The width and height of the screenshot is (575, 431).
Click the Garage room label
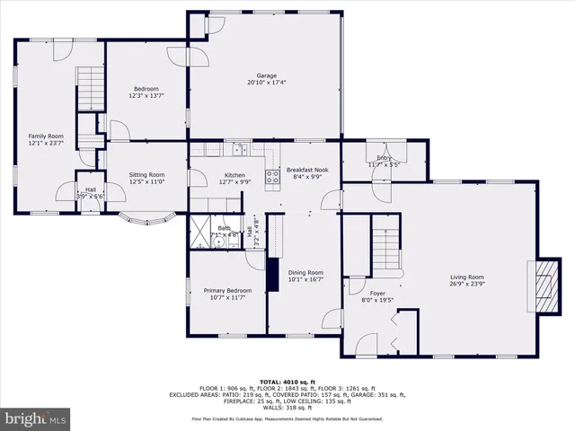point(266,75)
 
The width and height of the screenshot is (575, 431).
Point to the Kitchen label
point(234,175)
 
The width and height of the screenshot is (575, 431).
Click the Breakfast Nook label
point(307,169)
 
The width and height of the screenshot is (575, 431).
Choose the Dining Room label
point(305,272)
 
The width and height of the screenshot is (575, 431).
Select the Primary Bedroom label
point(227,291)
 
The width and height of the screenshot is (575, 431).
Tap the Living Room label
point(467,277)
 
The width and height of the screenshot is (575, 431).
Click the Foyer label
point(377,294)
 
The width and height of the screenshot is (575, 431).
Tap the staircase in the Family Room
point(89,89)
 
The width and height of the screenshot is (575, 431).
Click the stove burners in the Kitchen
point(271,177)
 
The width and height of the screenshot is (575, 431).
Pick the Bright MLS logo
point(36,418)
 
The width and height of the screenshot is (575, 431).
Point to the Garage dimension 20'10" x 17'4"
point(266,84)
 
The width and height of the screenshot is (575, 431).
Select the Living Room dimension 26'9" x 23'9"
point(467,285)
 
